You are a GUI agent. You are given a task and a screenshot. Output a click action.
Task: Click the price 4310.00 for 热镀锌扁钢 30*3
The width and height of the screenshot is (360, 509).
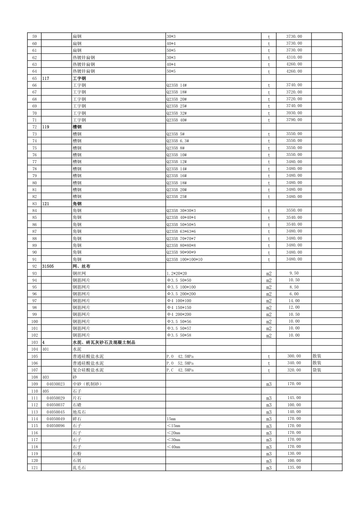coord(294,57)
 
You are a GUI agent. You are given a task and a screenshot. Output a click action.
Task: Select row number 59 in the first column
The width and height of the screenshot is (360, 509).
coord(34,36)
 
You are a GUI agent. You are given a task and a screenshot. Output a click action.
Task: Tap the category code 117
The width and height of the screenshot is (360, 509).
coord(46,78)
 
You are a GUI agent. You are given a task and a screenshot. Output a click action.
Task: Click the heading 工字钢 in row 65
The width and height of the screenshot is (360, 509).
coord(79,78)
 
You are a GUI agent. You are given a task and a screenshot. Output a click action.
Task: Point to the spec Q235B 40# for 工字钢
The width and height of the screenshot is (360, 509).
coord(177,120)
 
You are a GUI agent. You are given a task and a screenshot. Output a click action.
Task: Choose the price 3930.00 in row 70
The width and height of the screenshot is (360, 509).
coord(294,113)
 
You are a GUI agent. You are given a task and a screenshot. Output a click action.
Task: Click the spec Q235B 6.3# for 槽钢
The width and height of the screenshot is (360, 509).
coord(178,141)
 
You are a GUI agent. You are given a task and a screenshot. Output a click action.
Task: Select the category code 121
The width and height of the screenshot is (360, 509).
coord(46,204)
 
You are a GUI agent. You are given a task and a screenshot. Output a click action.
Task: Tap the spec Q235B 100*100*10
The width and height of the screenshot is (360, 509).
coord(185,259)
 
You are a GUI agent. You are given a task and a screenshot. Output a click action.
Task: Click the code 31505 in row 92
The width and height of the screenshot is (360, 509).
coord(48,266)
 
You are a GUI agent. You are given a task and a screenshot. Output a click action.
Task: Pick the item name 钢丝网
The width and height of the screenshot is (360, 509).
coord(79,273)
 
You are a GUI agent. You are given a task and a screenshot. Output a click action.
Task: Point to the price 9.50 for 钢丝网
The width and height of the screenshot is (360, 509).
coord(294,273)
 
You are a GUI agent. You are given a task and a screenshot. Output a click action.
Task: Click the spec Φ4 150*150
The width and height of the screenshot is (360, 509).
coord(179,308)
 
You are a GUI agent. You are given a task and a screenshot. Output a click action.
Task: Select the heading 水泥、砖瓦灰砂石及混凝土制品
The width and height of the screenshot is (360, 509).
coord(104,342)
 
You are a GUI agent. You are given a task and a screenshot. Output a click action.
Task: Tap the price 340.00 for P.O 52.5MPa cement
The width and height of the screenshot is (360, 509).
coord(294,363)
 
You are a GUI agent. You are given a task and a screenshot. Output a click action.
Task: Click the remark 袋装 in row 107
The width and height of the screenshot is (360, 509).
coord(317,370)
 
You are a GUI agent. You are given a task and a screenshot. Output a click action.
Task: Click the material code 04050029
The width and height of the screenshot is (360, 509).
coord(56,398)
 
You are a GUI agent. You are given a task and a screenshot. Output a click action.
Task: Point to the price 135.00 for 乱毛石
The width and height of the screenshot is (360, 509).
coord(294,467)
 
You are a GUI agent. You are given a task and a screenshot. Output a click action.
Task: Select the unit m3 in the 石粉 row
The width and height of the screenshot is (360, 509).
coord(269,454)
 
